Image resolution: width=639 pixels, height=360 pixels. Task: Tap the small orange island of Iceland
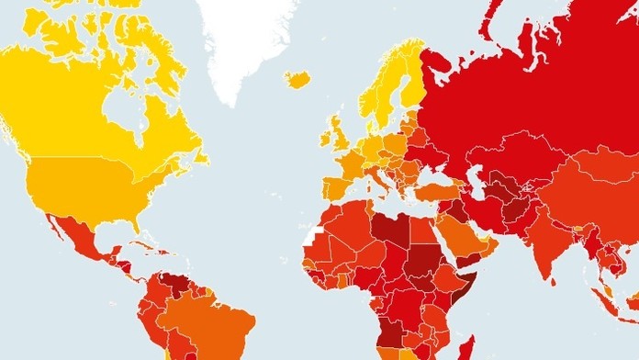pos(297,80)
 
